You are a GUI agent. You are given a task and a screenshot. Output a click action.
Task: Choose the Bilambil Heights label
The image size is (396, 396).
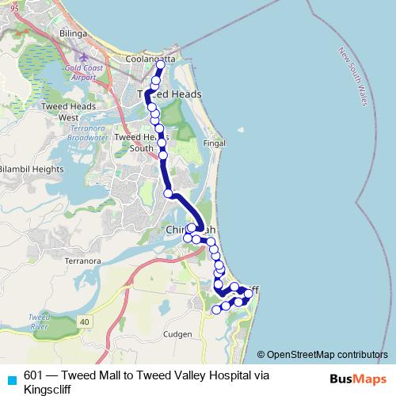coord(32,169)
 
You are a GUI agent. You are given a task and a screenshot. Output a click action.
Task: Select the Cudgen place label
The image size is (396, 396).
coord(179,335)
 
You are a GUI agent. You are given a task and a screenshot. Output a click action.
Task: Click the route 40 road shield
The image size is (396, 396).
coord(85,319)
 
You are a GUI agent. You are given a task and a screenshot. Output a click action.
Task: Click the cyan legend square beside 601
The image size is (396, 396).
coord(11,378)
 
